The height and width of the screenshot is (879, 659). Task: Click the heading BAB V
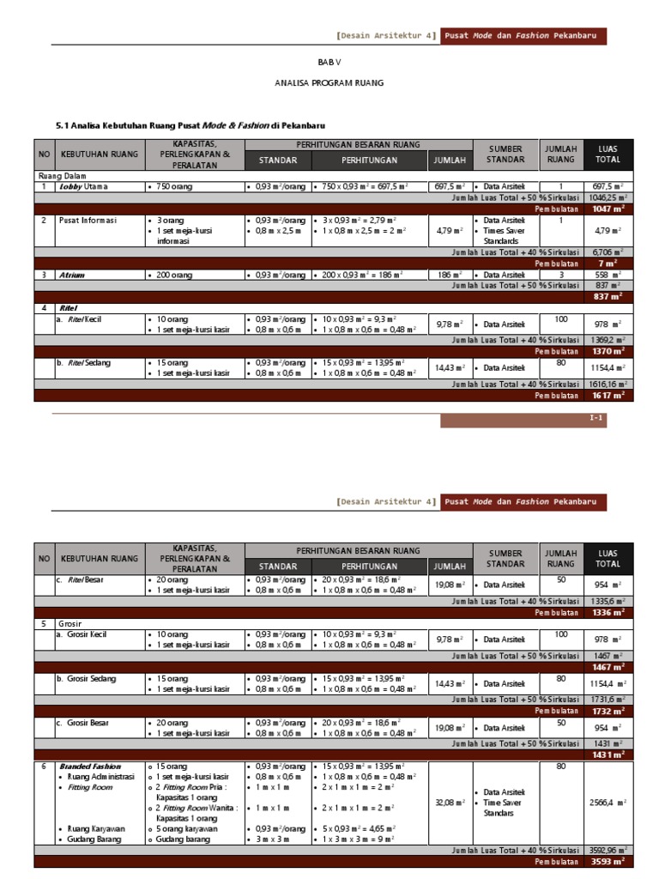click(329, 62)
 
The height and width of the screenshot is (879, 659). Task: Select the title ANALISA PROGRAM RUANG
click(329, 83)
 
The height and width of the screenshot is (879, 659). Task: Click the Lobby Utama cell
click(85, 185)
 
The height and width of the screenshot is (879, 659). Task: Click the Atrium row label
click(72, 275)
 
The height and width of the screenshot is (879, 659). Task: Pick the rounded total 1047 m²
click(608, 208)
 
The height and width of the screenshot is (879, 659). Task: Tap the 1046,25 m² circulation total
click(608, 197)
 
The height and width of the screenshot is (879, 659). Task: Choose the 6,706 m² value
click(608, 252)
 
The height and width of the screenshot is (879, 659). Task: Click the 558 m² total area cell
click(608, 275)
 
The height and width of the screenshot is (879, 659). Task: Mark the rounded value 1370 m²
click(608, 351)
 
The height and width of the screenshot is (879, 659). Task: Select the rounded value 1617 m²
click(608, 396)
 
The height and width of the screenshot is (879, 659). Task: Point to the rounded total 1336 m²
click(608, 613)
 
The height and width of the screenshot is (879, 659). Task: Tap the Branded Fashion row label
click(90, 766)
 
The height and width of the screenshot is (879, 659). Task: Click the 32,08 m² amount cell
click(450, 803)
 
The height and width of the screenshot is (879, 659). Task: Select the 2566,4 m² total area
click(608, 803)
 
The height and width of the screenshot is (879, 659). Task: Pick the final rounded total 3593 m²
click(608, 861)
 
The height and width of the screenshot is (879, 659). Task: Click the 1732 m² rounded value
click(608, 711)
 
